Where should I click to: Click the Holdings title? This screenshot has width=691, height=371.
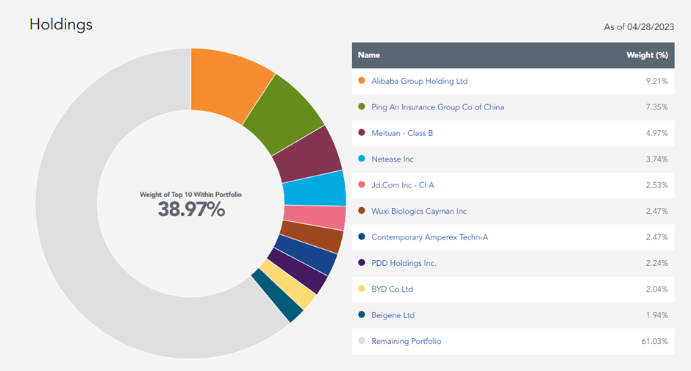(61, 24)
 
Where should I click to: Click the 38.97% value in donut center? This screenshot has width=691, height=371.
(191, 209)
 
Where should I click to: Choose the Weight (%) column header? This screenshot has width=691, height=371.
(646, 55)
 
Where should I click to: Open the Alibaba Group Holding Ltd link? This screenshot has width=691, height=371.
(419, 82)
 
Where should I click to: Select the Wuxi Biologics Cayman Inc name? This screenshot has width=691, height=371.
(419, 212)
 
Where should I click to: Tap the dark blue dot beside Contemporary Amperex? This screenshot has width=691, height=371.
(360, 237)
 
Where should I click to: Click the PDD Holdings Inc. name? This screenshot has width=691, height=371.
(404, 263)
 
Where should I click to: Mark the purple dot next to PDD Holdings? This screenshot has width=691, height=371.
(360, 263)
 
